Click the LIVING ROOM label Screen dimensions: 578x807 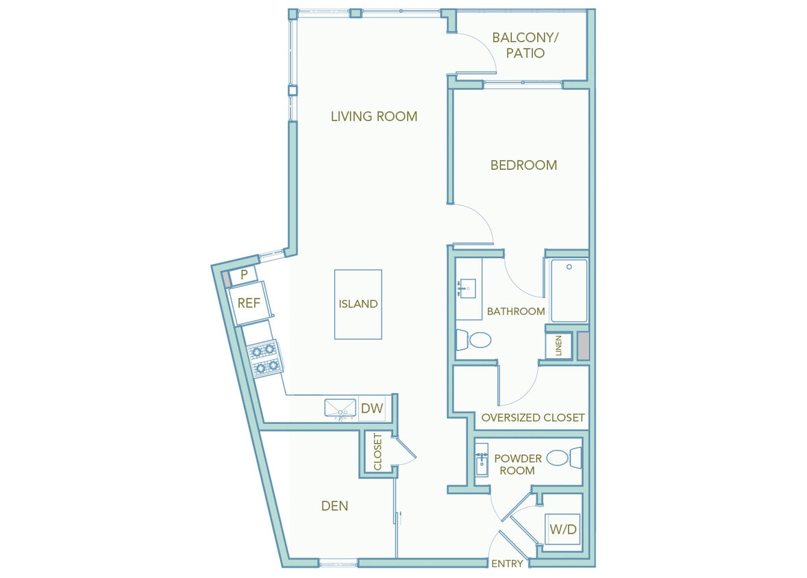pos(373,116)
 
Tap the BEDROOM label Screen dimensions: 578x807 pos(523,165)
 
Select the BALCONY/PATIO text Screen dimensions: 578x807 pos(525,45)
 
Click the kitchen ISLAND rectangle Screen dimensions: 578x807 pos(358,304)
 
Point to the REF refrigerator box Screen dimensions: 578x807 pos(249,303)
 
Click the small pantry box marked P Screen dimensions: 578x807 pos(243,275)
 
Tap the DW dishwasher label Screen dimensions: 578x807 pos(372,409)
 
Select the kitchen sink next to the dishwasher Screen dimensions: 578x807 pos(340,409)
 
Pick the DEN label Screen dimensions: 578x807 pos(334,506)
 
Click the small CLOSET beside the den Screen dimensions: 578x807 pos(377,452)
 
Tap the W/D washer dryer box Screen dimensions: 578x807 pos(562,529)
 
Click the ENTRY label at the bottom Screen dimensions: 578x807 pos(508,564)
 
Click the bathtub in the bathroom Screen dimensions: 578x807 pos(569,290)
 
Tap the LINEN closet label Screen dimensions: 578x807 pos(559,347)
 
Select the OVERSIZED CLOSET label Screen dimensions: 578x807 pos(532,417)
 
